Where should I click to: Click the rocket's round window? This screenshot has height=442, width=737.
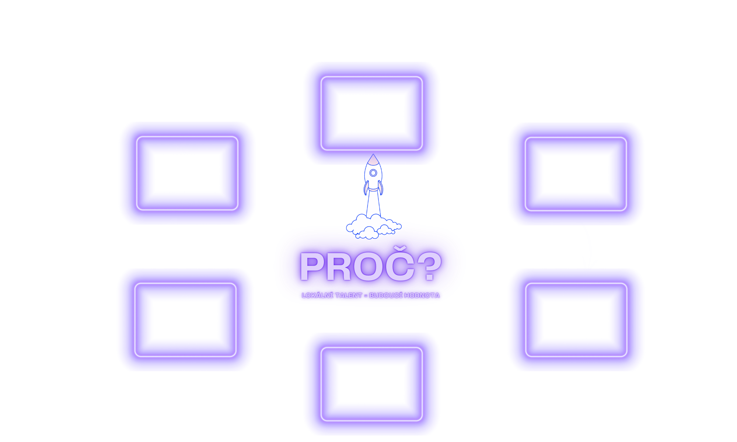pyautogui.click(x=373, y=173)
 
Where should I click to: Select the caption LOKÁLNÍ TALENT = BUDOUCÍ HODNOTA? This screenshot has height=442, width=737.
pyautogui.click(x=370, y=295)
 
